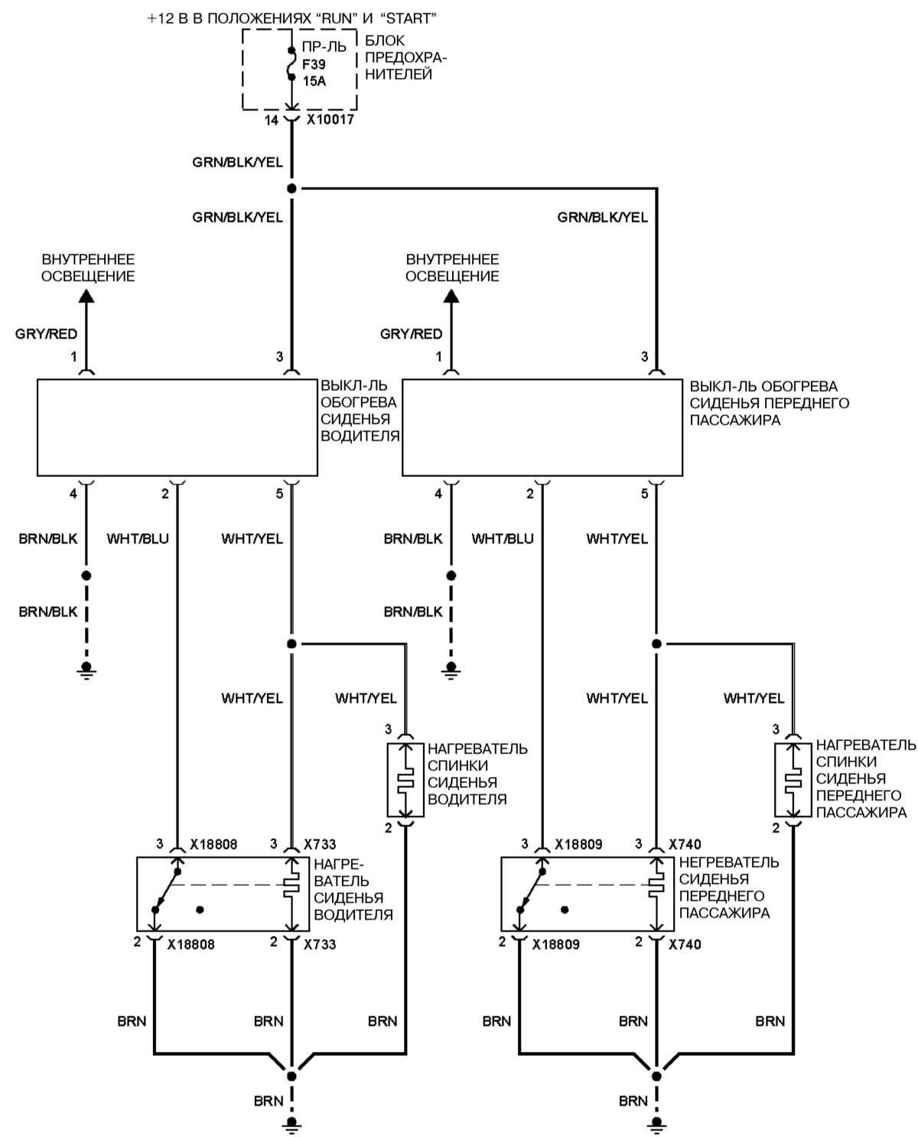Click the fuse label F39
(x=314, y=64)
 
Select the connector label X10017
(x=330, y=120)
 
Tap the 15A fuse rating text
(x=314, y=81)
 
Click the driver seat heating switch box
(x=177, y=427)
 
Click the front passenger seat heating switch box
(x=542, y=427)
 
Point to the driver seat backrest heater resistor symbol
(x=405, y=780)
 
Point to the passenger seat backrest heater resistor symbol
(x=793, y=780)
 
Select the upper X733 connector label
(x=320, y=845)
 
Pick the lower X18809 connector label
(x=556, y=944)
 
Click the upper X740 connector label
(x=685, y=845)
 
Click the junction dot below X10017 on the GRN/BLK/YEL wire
(x=291, y=188)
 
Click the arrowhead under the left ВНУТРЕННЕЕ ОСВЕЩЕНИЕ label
(x=86, y=296)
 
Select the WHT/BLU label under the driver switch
(x=138, y=539)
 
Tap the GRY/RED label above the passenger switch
(x=411, y=334)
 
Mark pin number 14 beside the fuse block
(x=272, y=120)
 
